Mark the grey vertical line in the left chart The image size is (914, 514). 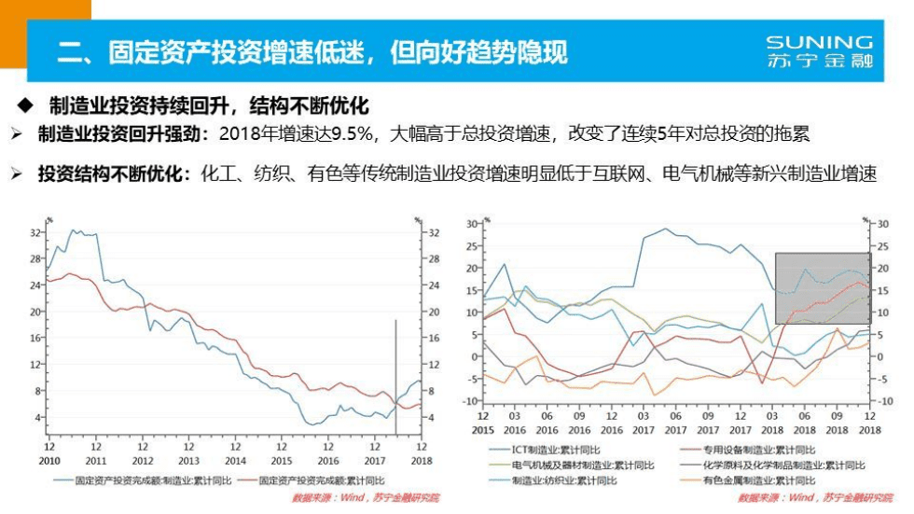click(x=395, y=373)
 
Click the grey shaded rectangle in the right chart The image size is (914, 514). click(x=822, y=287)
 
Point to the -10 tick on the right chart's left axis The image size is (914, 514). click(x=471, y=401)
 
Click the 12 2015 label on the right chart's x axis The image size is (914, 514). click(x=483, y=423)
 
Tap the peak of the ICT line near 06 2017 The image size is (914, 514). click(x=665, y=229)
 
